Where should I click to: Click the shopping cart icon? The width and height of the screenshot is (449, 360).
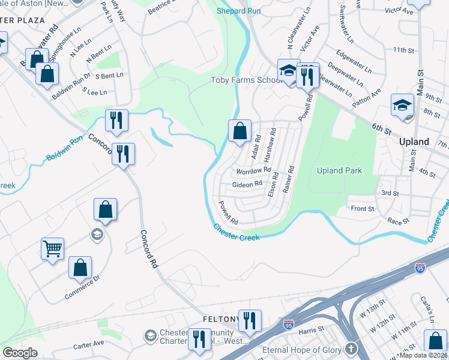pos(52,248)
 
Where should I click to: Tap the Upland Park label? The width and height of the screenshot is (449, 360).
pos(340,171)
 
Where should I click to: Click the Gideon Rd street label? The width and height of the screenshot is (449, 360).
pos(247,184)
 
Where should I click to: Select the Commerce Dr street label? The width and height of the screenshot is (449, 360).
pos(82,288)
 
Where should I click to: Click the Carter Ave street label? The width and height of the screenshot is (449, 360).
pos(89,344)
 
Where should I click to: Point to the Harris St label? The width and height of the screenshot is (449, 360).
pos(312,329)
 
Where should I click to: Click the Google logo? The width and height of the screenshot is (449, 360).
pos(20,353)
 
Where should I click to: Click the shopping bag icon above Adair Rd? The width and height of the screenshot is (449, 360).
pos(240,130)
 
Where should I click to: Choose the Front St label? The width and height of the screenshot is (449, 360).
pos(363,209)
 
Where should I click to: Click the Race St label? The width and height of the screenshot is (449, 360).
pos(397,221)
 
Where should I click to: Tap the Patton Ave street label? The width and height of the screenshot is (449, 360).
pos(367,95)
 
